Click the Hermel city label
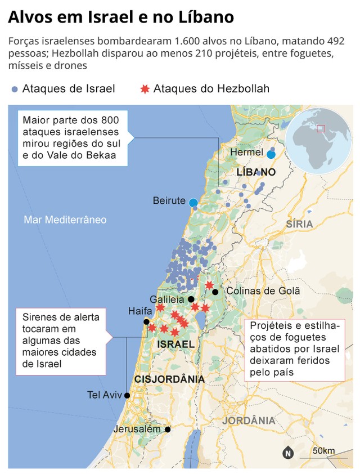click(247, 152)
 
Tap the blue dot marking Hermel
click(271, 154)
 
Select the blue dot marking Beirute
click(193, 202)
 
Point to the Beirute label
click(169, 201)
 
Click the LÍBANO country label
click(256, 172)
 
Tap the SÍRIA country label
click(299, 224)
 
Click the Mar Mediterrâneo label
click(65, 220)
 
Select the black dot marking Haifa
click(147, 322)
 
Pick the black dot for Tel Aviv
click(127, 395)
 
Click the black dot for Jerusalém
click(168, 429)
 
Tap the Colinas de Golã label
click(263, 291)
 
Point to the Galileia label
click(168, 299)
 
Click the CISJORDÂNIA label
click(169, 379)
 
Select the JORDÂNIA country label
click(248, 421)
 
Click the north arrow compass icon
click(288, 451)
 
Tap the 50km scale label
click(325, 450)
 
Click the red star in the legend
click(145, 89)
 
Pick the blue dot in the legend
click(15, 89)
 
